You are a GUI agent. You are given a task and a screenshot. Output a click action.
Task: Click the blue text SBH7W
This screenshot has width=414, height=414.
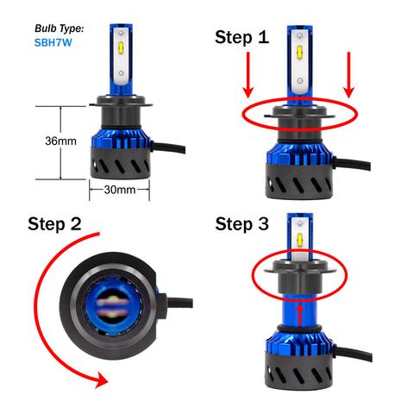coord(53,42)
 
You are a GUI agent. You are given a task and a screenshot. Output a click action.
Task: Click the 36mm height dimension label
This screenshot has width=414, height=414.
coord(60,141)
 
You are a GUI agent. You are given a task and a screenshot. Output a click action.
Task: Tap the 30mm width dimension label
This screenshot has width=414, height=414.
coord(120,190)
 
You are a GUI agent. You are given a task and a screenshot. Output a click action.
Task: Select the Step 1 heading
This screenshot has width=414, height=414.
coord(242,37)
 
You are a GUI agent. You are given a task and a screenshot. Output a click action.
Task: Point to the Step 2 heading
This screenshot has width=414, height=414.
coord(54,223)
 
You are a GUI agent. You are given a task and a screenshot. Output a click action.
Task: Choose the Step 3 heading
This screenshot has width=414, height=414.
coord(242,224)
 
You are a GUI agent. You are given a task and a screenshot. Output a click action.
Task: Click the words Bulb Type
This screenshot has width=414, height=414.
coord(60,28)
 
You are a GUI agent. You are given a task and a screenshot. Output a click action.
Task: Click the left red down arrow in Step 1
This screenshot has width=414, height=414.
coord(248,75)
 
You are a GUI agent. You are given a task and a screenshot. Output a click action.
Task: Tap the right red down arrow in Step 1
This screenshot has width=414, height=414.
coord(349,75)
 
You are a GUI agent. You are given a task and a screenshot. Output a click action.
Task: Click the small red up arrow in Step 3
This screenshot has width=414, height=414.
coord(300,316)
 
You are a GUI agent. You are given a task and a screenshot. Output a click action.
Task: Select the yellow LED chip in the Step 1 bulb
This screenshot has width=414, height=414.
coord(299,52)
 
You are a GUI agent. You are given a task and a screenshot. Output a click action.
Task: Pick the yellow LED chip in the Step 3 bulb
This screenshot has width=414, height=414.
coord(300,238)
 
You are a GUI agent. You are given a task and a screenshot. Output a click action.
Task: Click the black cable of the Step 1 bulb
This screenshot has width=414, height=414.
coord(352,164)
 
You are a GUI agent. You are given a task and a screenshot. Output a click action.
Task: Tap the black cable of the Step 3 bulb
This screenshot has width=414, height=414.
coord(353,353)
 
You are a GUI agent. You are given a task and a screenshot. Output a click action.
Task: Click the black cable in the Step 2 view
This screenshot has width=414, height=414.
coord(179,303)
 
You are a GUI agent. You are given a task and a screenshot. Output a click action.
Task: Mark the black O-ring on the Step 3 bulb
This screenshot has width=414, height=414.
coord(299,328)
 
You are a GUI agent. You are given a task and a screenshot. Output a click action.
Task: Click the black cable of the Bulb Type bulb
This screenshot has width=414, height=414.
coord(168,147)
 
